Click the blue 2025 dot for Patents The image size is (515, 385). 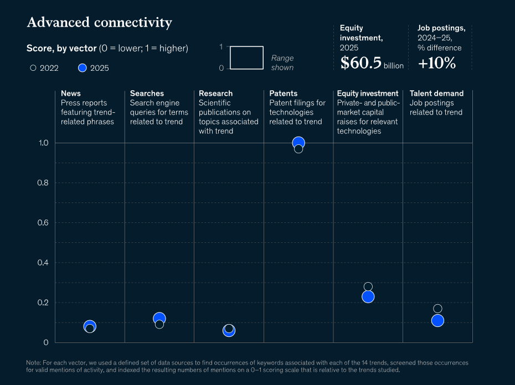[x=298, y=142]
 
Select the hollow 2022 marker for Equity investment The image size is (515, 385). [x=368, y=287]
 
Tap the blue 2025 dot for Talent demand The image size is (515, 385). [x=437, y=321]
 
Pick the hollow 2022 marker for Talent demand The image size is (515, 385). [x=437, y=309]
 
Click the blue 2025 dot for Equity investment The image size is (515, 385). [x=368, y=296]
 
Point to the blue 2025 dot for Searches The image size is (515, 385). [x=159, y=318]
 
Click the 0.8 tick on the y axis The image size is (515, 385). [x=43, y=183]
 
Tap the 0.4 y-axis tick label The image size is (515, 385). [x=43, y=263]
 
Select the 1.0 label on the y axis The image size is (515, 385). [x=43, y=143]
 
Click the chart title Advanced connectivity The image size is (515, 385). [x=100, y=22]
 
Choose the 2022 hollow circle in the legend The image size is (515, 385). [x=33, y=68]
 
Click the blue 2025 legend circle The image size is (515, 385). [x=82, y=68]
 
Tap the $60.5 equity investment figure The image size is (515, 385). [x=361, y=63]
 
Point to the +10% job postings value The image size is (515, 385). [x=437, y=63]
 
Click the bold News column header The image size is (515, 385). [x=71, y=93]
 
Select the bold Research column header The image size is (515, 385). [x=215, y=93]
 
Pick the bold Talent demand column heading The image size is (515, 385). [x=436, y=93]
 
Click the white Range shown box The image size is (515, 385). [x=246, y=46]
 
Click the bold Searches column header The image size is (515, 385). [x=147, y=93]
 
